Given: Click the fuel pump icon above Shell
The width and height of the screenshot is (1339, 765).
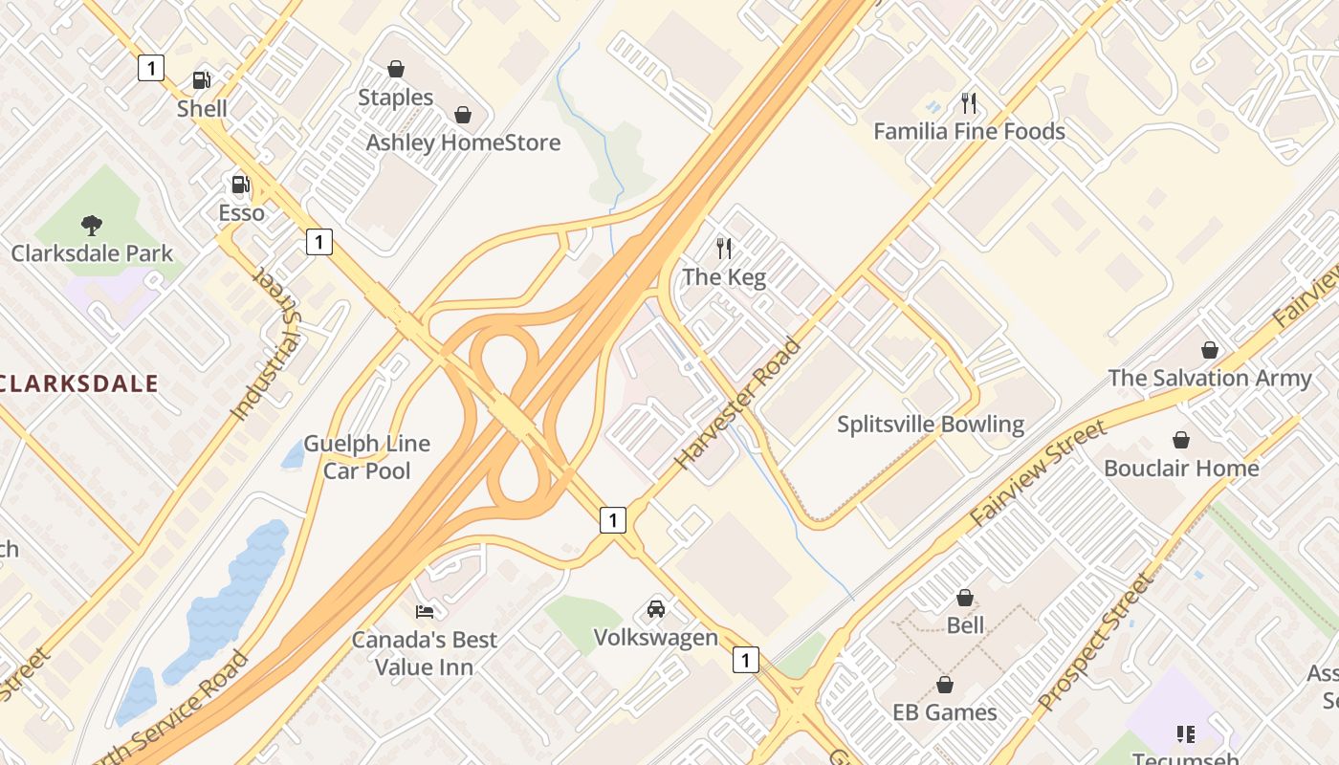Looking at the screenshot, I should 201,80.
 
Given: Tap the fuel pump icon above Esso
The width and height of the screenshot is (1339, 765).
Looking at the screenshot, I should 240,184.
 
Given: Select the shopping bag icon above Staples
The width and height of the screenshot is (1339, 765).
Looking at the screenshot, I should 395,69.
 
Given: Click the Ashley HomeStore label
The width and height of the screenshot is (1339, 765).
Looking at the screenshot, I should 463,143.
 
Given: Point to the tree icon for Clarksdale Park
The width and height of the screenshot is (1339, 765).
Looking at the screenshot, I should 92,226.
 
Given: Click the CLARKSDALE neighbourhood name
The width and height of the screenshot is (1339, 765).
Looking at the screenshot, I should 79,384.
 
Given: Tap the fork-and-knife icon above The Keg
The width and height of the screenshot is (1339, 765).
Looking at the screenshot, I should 724,249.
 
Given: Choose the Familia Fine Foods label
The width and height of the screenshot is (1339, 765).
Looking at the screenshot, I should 969,132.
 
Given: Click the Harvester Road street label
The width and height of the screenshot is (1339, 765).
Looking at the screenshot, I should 736,404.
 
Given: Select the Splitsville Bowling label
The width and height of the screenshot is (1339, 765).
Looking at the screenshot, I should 931,425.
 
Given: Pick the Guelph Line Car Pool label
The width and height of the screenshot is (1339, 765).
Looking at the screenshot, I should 367,457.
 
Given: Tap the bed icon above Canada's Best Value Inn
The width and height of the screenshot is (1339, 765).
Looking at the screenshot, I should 425,611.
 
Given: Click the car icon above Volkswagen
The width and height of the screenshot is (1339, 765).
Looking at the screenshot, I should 656,608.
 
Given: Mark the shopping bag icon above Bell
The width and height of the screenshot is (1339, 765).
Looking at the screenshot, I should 965,598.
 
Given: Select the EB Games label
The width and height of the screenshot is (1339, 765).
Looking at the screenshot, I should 944,712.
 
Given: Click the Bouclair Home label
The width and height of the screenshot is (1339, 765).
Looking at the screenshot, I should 1181,469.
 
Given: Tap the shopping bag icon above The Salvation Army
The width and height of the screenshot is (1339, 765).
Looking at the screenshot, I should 1210,350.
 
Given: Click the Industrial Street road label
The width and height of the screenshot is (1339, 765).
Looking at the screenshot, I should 267,344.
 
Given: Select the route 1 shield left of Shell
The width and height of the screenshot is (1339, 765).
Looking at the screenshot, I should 151,68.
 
